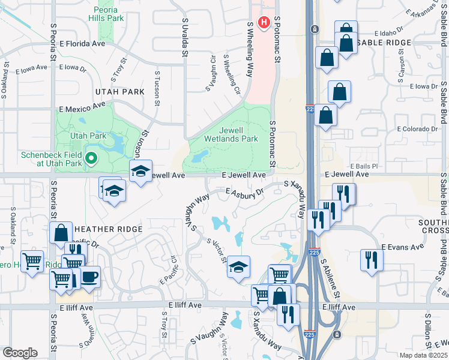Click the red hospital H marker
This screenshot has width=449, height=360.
point(263,23)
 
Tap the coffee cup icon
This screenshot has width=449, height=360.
point(90,277)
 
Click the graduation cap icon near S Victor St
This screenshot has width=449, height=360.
point(238,266)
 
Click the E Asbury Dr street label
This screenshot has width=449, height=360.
point(245,193)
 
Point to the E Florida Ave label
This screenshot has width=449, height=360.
point(82,44)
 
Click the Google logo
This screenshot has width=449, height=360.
point(20,352)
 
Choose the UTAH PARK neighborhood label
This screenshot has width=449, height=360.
point(119,92)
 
